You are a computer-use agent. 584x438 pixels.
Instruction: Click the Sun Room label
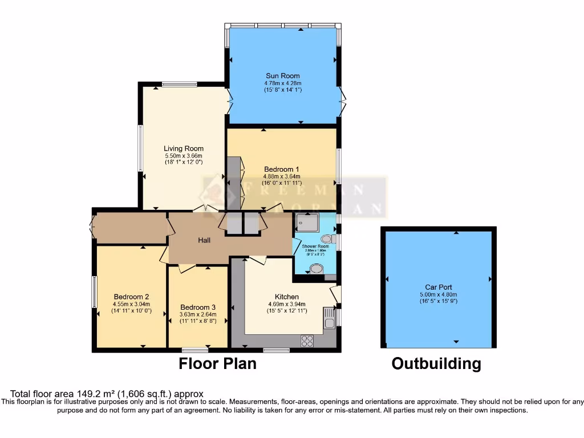(282, 75)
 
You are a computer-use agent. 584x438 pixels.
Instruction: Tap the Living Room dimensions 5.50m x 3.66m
(184, 156)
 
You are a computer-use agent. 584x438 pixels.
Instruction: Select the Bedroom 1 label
(282, 169)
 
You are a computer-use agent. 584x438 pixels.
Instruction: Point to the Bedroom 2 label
(131, 297)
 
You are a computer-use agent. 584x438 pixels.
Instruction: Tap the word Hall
(204, 240)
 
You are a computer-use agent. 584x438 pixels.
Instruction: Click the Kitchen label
(287, 297)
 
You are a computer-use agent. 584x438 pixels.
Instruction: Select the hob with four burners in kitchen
(307, 340)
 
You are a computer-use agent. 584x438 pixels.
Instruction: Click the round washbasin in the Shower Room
(316, 269)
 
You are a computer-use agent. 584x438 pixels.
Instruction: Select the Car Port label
(438, 287)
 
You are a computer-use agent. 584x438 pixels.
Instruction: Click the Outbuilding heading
(436, 364)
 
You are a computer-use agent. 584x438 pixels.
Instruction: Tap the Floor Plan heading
(218, 364)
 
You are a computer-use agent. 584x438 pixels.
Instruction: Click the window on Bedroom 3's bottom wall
(199, 350)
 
